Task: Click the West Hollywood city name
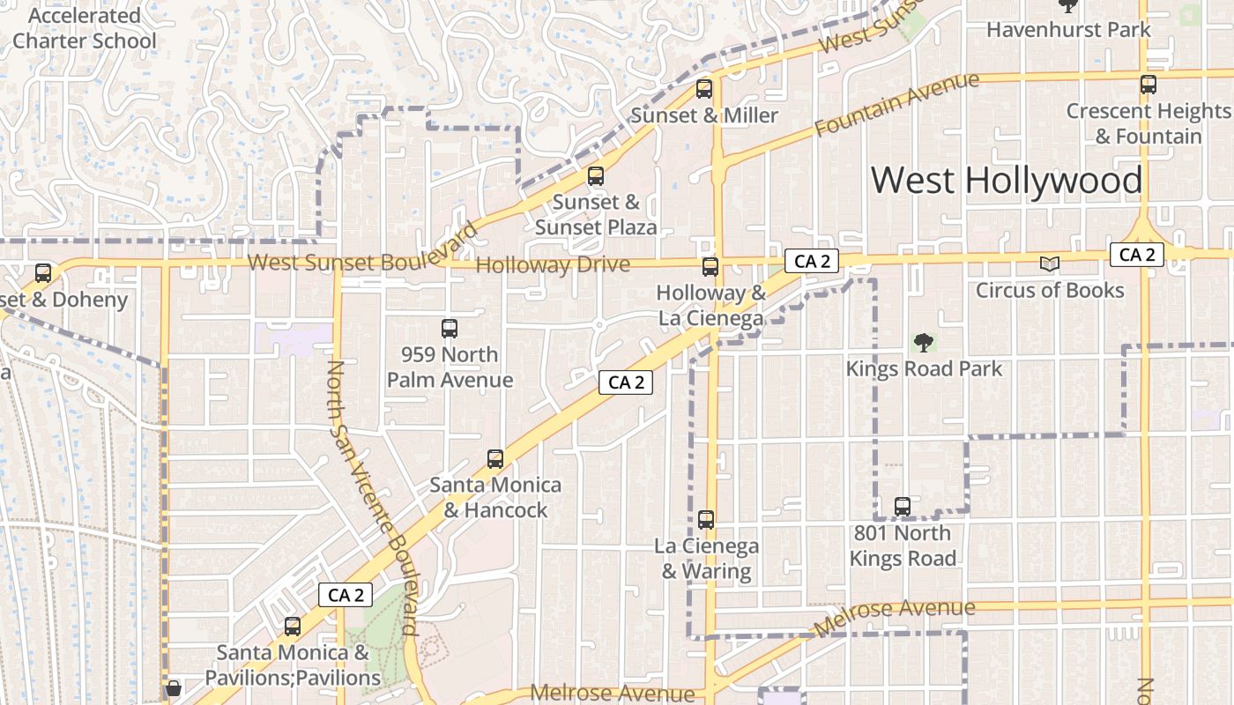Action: click(x=1007, y=181)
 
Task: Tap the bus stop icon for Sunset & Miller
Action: click(x=703, y=89)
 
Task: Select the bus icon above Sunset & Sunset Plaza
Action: click(x=596, y=176)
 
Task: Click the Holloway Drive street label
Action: click(x=553, y=265)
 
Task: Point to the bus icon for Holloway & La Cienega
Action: click(x=710, y=267)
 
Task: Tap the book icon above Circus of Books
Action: click(x=1049, y=263)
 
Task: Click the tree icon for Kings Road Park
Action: click(x=924, y=342)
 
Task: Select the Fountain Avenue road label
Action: click(x=896, y=104)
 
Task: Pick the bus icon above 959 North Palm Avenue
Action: click(x=450, y=329)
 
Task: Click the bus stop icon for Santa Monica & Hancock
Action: click(x=495, y=459)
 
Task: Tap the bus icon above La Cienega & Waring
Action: click(x=706, y=520)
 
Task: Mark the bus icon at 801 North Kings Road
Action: click(x=903, y=507)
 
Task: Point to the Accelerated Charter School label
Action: click(x=84, y=28)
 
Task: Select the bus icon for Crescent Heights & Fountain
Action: click(x=1148, y=85)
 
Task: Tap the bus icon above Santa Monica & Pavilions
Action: click(x=293, y=627)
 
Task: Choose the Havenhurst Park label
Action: click(x=1068, y=29)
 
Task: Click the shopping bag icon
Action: click(x=174, y=687)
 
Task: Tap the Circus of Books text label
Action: click(x=1049, y=290)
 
